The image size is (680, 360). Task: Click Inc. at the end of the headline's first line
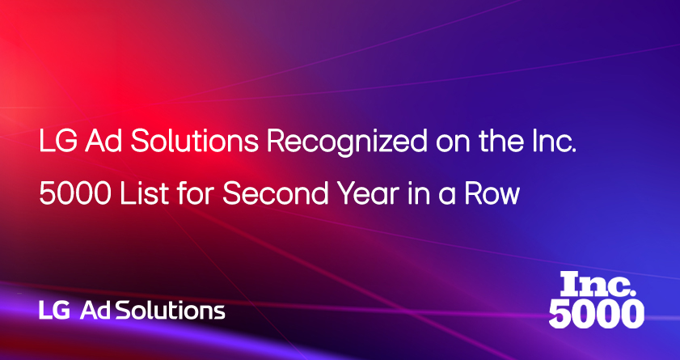[553, 141]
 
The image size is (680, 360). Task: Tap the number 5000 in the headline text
[74, 193]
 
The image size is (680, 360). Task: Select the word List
[145, 193]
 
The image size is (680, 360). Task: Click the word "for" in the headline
[195, 193]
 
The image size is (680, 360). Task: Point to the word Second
[276, 193]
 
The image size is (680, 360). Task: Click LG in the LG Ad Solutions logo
[54, 311]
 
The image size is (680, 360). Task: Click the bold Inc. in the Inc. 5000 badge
[597, 284]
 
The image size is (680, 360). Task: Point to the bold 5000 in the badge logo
[596, 314]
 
